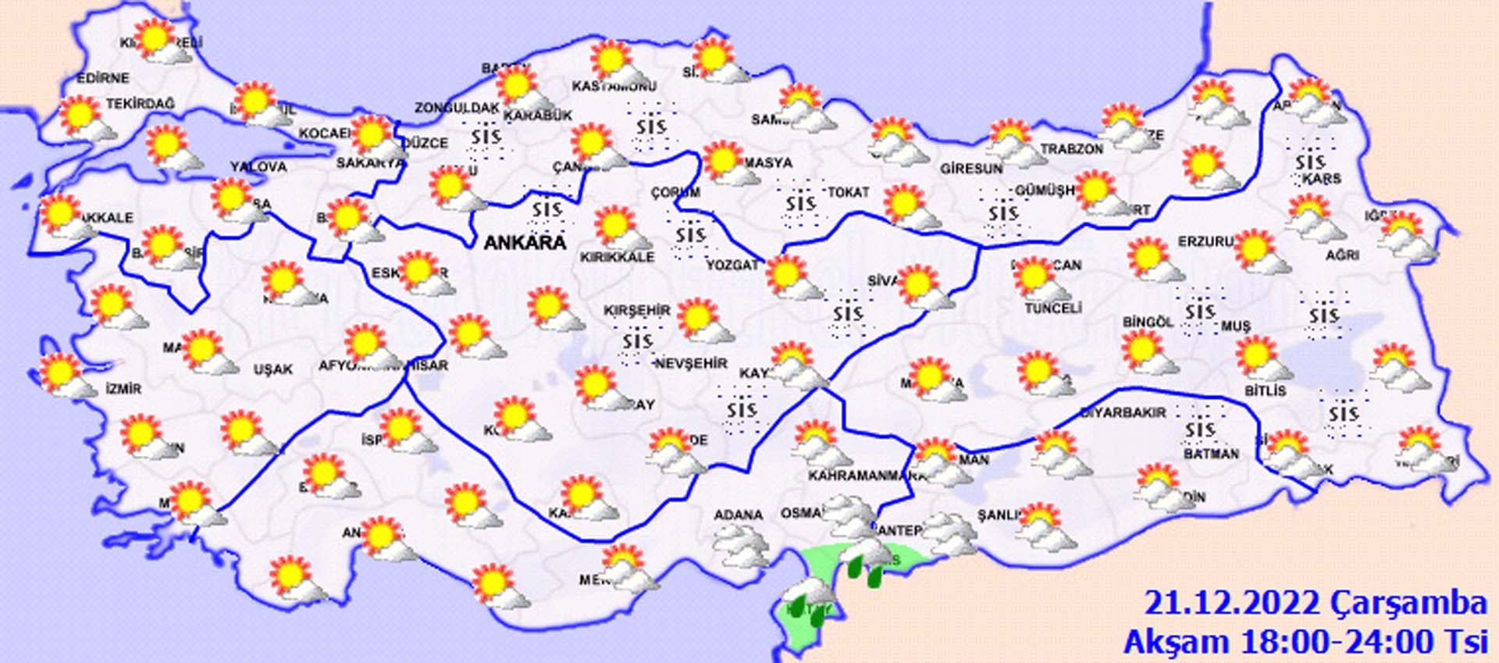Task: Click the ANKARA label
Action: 525,242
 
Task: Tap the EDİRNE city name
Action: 102,78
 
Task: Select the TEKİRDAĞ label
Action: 141,103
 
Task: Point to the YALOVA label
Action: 258,166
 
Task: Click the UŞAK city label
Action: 272,369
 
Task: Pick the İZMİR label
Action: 123,388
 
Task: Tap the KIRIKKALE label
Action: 617,257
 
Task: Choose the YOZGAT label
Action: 732,265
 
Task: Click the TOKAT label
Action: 848,191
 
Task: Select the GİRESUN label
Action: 970,168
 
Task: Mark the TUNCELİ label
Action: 1052,308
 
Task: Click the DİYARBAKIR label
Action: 1123,412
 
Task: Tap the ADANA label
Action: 738,515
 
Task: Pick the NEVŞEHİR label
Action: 691,363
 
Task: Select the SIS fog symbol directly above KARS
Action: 1310,161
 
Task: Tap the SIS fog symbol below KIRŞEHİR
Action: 637,341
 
